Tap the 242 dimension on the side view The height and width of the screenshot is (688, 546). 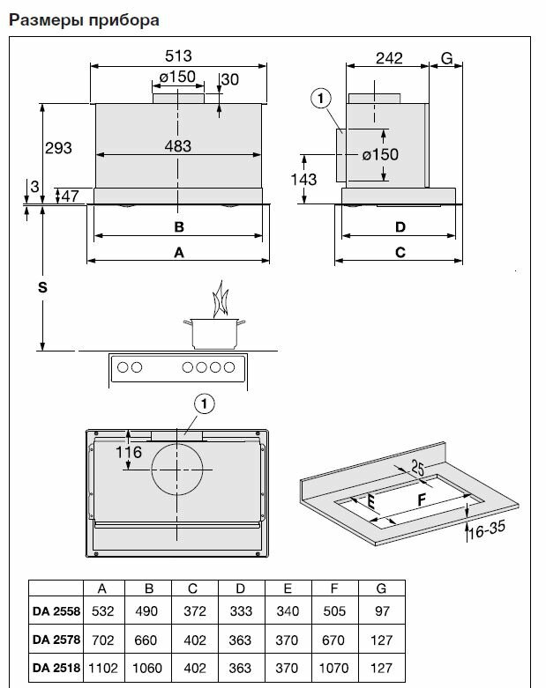(388, 58)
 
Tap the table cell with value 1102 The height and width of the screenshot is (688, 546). (104, 667)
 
